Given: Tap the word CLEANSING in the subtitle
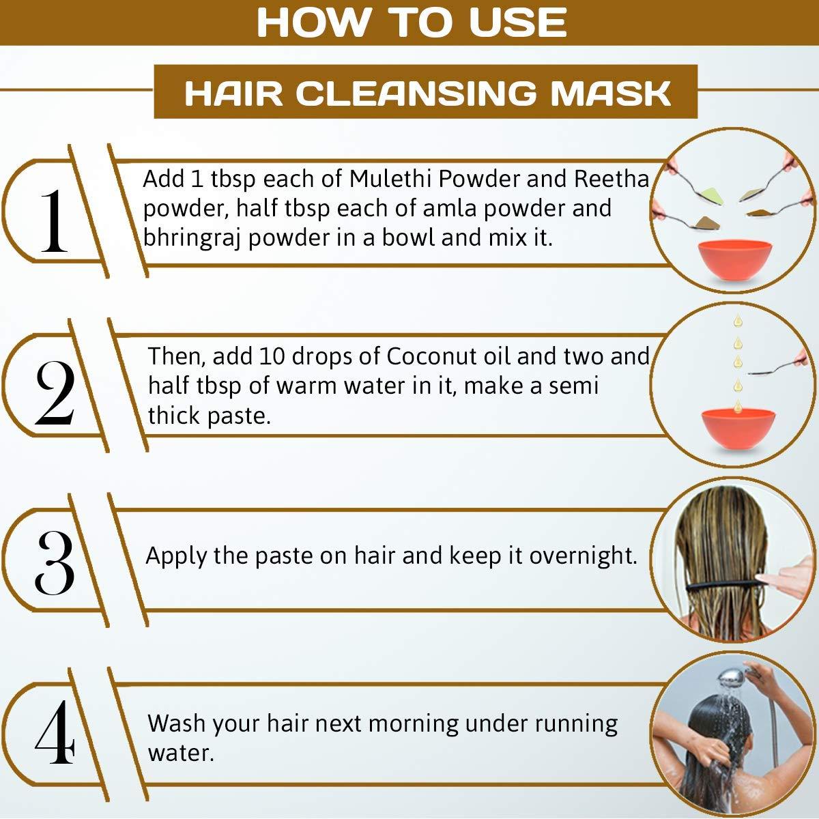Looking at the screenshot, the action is tap(415, 93).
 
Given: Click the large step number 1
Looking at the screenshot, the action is tap(54, 220).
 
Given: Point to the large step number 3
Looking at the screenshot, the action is tap(55, 562).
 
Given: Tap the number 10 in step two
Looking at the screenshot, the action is tap(271, 356).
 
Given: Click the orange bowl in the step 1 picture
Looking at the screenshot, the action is tap(735, 260).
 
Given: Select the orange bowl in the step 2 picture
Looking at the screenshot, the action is tap(738, 428).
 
